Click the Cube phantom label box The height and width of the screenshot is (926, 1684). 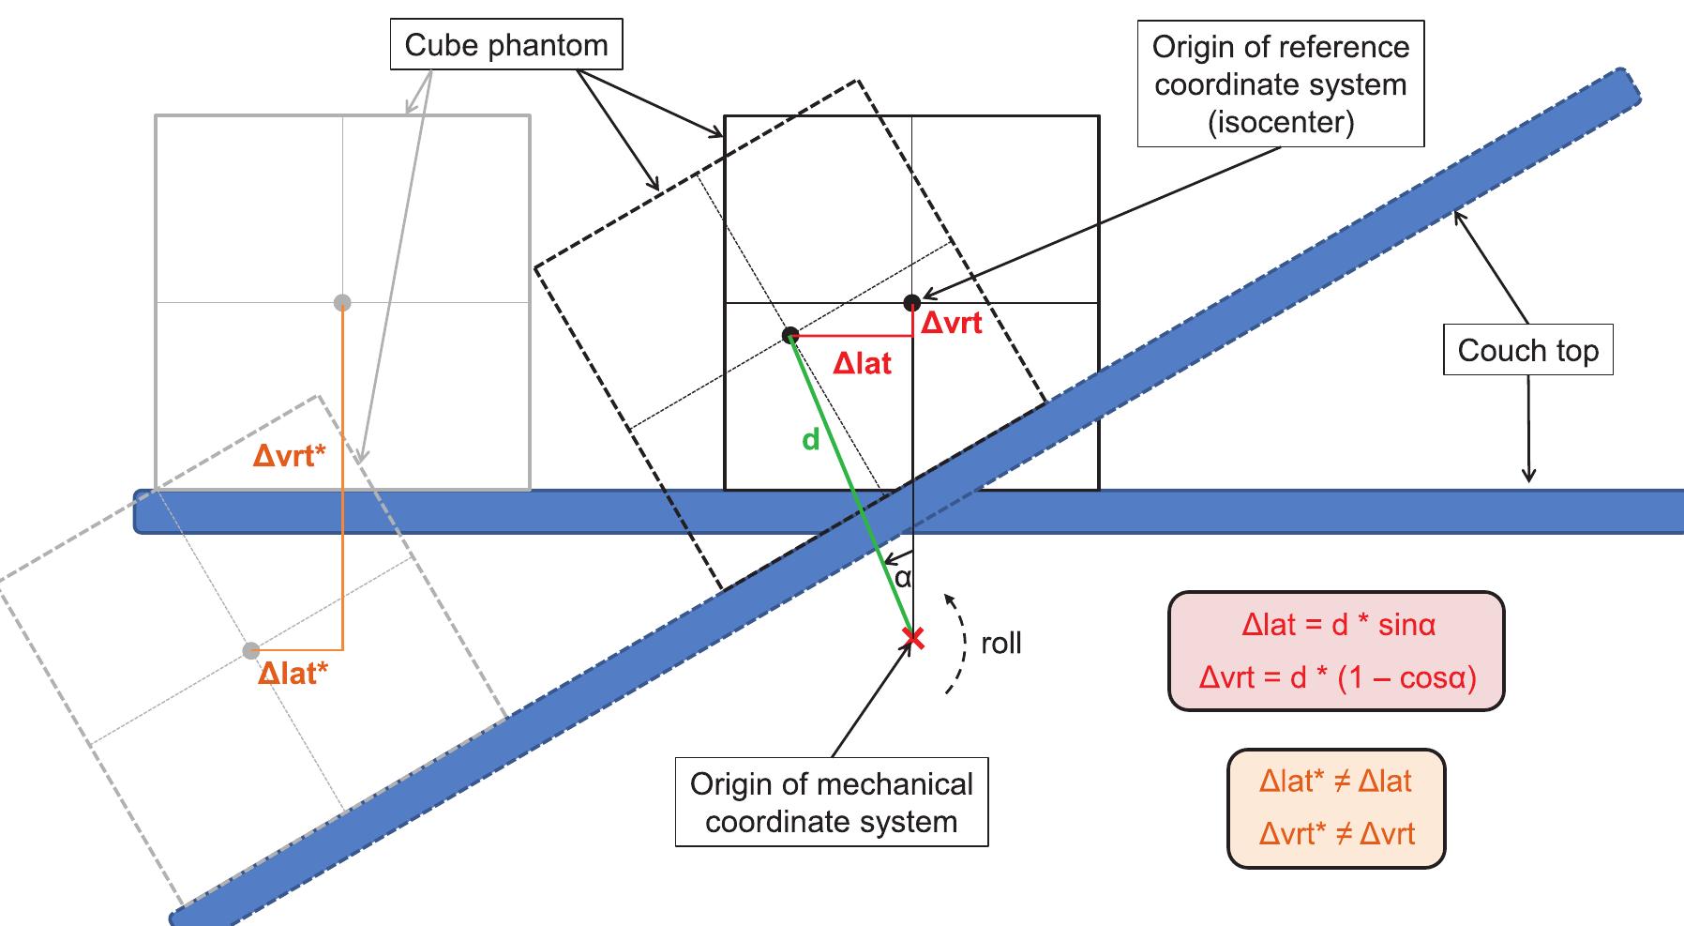click(506, 45)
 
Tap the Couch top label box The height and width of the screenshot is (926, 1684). click(1527, 350)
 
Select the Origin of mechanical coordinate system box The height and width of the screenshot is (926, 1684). click(832, 802)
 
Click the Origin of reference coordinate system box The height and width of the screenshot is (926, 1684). click(1280, 84)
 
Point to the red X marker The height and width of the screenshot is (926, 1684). click(912, 639)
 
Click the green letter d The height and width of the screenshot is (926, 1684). click(811, 438)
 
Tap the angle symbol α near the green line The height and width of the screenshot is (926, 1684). click(902, 578)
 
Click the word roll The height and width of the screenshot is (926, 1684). click(1000, 644)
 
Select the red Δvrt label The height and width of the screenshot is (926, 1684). click(951, 323)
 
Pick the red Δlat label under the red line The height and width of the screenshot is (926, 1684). click(862, 363)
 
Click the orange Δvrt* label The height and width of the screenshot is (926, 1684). click(290, 456)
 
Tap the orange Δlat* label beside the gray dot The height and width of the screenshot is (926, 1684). click(293, 673)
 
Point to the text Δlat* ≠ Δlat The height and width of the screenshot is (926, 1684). click(1336, 782)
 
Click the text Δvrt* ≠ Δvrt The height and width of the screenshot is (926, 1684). click(1336, 833)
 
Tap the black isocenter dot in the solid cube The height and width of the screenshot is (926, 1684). click(911, 302)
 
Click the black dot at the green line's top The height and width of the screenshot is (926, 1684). click(790, 335)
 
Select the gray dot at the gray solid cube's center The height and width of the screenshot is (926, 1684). click(342, 302)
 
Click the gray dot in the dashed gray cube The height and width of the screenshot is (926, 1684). click(250, 650)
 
